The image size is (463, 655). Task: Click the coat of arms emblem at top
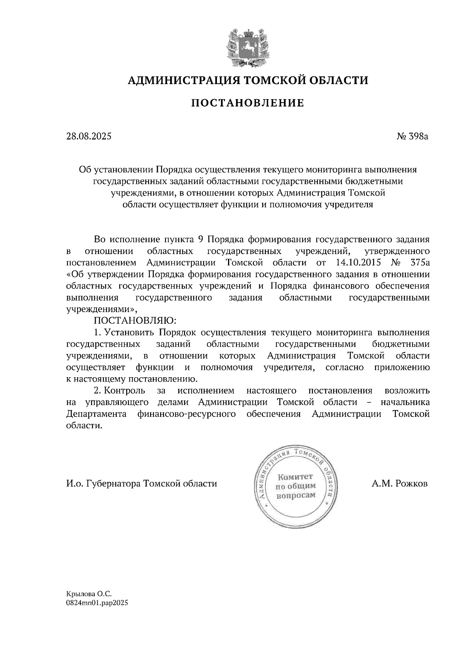click(247, 47)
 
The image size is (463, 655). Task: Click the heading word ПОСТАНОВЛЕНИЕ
click(248, 103)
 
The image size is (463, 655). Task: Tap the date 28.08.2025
click(89, 136)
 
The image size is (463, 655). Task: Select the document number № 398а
click(412, 136)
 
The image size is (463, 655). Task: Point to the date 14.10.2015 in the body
click(356, 263)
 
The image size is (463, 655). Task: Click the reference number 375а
click(418, 263)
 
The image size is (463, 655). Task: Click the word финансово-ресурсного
click(186, 414)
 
